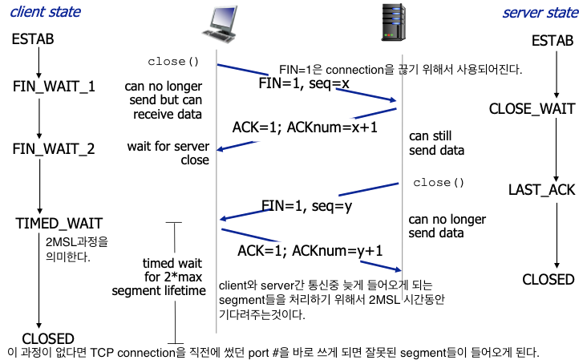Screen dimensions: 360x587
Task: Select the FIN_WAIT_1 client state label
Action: tap(55, 86)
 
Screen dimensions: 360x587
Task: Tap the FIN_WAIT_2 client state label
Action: tap(55, 149)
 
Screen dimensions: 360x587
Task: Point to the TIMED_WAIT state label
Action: tap(59, 222)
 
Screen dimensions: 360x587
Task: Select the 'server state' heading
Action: tap(540, 13)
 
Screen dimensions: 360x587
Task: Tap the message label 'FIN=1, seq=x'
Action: tap(303, 83)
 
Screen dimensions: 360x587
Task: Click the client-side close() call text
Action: tap(172, 62)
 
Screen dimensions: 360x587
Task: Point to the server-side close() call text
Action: tap(439, 183)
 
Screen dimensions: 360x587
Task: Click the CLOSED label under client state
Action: tap(48, 338)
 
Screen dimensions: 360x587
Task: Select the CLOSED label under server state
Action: tap(549, 279)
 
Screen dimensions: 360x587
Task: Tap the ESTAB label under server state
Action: tap(553, 41)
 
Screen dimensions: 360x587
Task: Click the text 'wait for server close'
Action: tap(168, 153)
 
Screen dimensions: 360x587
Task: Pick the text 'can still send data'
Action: tap(437, 143)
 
